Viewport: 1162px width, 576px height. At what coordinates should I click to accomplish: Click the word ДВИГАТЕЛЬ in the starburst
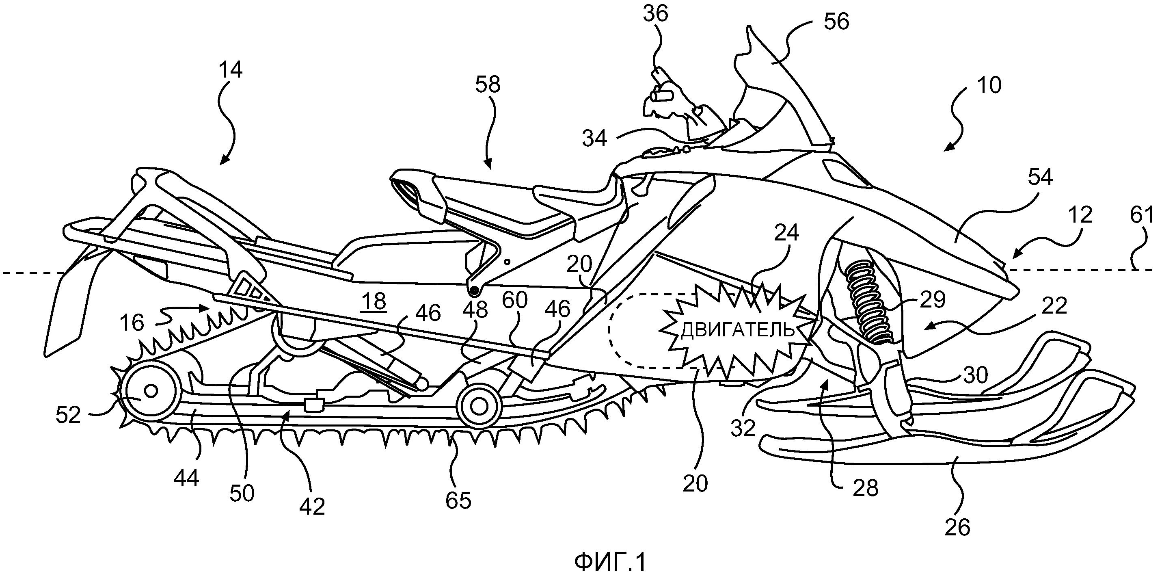pyautogui.click(x=737, y=330)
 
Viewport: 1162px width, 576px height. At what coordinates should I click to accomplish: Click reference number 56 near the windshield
pyautogui.click(x=836, y=22)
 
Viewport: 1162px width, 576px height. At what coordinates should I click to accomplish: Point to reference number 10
pyautogui.click(x=988, y=85)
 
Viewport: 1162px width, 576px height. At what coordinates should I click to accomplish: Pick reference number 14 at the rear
pyautogui.click(x=231, y=70)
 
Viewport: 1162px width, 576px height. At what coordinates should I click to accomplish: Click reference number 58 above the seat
pyautogui.click(x=488, y=84)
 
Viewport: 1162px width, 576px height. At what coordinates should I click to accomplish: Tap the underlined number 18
pyautogui.click(x=374, y=301)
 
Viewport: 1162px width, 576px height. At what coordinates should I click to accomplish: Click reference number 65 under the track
pyautogui.click(x=458, y=500)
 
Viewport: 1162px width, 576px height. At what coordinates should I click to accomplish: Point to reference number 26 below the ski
pyautogui.click(x=957, y=527)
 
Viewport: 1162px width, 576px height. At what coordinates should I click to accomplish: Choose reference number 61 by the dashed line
pyautogui.click(x=1142, y=216)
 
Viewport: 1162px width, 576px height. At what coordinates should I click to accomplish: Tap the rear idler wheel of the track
pyautogui.click(x=151, y=390)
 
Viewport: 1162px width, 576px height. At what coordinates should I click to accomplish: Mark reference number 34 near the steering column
pyautogui.click(x=594, y=139)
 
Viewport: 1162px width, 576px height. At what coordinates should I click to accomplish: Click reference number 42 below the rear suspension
pyautogui.click(x=312, y=507)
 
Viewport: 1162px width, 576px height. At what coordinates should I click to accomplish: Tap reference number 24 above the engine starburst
pyautogui.click(x=786, y=233)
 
